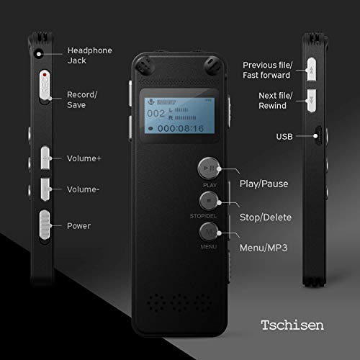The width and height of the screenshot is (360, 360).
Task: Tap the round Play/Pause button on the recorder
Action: [x=207, y=168]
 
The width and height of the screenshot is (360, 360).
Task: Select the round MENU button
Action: [x=207, y=233]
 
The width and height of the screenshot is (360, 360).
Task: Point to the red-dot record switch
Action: [x=45, y=86]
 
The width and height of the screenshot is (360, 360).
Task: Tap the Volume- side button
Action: [x=46, y=189]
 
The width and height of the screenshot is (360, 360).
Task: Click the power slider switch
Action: [x=45, y=224]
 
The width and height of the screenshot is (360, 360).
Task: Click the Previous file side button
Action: [x=313, y=69]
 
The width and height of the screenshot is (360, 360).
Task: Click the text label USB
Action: [x=284, y=135]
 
